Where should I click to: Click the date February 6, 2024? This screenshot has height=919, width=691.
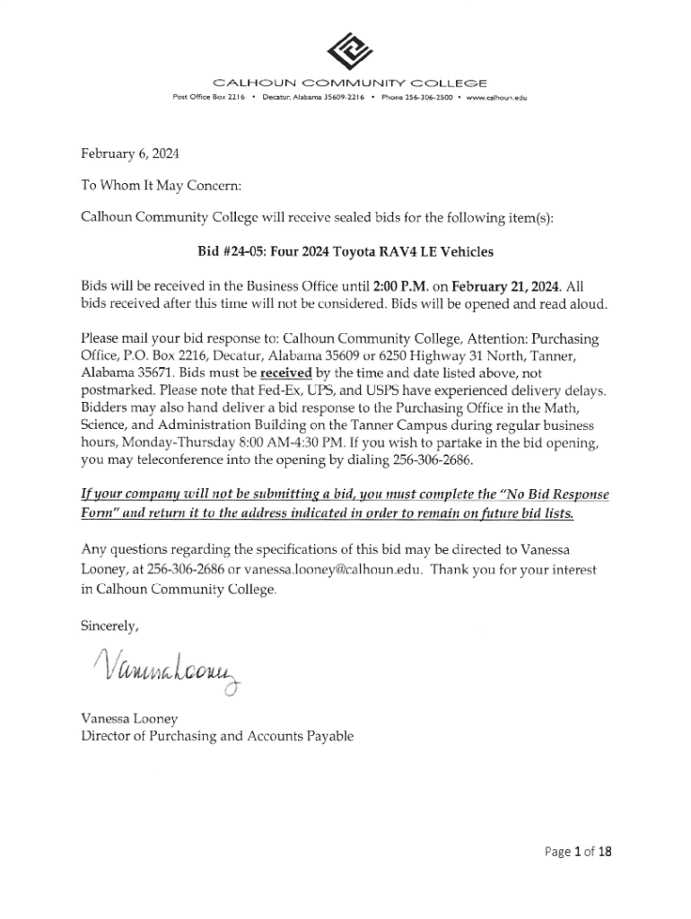pos(130,153)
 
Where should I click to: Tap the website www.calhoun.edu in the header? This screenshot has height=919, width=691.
pos(494,97)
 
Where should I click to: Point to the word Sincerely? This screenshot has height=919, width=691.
pos(110,626)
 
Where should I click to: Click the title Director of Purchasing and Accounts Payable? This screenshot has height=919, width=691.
pos(217,737)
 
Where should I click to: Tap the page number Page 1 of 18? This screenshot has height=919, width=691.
pos(578,853)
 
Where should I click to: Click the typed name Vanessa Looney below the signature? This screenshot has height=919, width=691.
pos(128,718)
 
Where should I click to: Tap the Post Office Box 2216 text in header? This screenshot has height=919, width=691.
pos(209,97)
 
